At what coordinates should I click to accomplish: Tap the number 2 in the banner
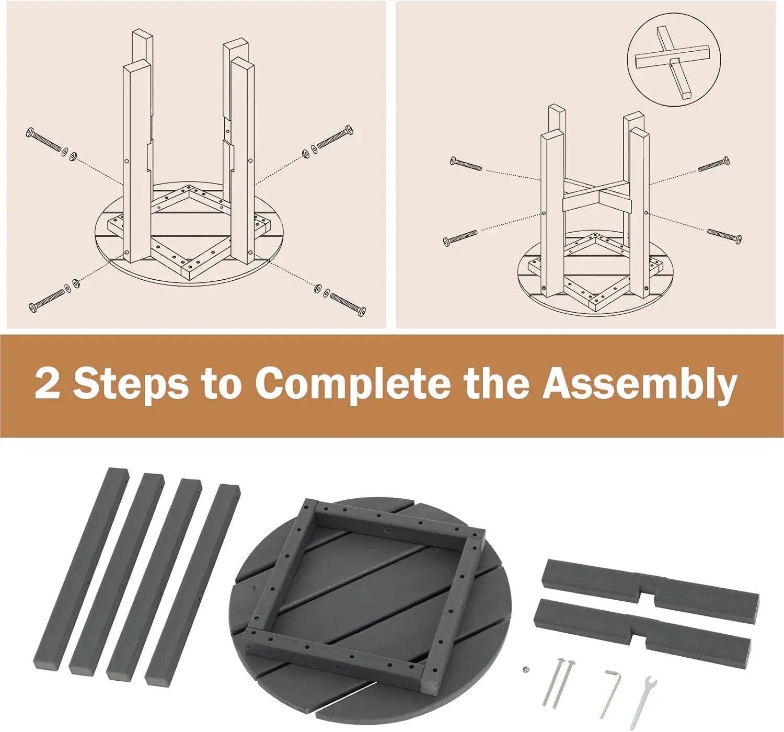click(47, 383)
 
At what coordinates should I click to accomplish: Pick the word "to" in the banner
click(221, 383)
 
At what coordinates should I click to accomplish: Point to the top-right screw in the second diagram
click(714, 164)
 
